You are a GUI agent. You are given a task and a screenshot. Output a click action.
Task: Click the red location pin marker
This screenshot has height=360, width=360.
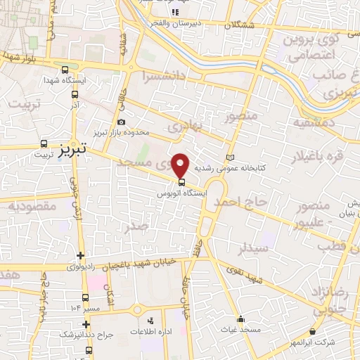[x=181, y=165]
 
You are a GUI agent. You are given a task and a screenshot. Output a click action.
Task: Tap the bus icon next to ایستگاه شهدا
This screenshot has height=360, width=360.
[x=65, y=70]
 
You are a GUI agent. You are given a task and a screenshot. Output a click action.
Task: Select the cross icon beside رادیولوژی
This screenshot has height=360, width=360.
[x=81, y=256]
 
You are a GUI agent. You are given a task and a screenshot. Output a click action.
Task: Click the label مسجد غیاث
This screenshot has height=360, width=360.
[x=240, y=330]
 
